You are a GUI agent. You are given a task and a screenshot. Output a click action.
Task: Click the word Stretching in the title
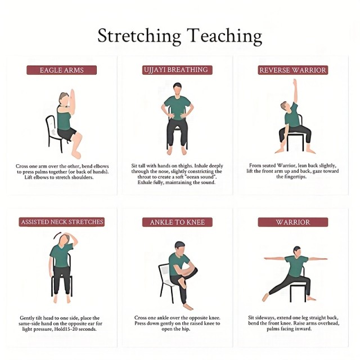139,36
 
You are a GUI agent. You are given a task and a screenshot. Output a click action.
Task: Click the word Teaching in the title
224,36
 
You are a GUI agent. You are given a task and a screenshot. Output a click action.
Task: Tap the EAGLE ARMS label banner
61,70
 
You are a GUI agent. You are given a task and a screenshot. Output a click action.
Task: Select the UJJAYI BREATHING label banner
177,70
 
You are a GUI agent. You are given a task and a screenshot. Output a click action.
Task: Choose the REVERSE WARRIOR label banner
292,70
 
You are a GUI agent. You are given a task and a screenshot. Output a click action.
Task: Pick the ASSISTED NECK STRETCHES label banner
62,222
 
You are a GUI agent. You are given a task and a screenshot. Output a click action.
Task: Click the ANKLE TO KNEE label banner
177,222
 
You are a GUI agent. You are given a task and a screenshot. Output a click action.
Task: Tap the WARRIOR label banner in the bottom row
292,222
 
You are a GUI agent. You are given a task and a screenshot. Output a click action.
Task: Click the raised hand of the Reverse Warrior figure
295,83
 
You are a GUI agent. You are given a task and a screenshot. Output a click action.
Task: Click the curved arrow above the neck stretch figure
57,235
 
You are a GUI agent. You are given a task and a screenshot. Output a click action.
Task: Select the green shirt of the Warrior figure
296,266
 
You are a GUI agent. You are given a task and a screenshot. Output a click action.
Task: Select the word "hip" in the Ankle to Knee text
186,329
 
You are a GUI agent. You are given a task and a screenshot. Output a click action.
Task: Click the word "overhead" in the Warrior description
328,323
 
